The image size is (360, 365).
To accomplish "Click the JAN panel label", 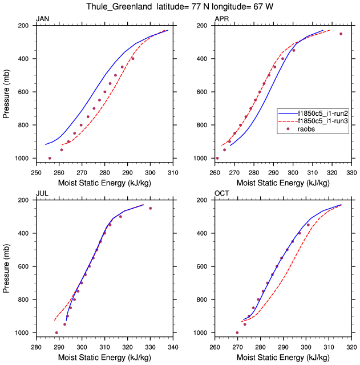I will (x=42, y=19).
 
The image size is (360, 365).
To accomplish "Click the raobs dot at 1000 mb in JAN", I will (x=50, y=158).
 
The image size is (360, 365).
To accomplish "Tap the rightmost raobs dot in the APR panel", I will (x=341, y=34).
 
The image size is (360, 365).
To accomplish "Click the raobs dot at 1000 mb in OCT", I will (x=237, y=332).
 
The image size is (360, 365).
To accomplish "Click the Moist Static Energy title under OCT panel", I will (x=283, y=358).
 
